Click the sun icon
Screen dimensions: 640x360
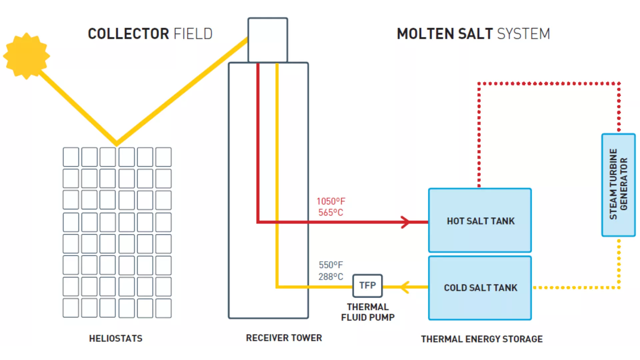point(26,56)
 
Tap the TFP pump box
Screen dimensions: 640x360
point(367,286)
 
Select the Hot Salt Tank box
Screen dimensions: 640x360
point(480,220)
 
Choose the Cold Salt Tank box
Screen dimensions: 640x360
point(480,288)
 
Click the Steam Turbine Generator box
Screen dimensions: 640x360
point(619,185)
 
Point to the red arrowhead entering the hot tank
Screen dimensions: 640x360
point(405,222)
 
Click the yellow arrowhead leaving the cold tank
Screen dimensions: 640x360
point(405,287)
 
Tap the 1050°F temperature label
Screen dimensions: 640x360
point(331,201)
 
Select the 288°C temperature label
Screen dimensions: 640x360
point(331,277)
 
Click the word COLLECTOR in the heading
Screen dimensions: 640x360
point(128,34)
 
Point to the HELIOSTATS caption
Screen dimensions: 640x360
point(116,338)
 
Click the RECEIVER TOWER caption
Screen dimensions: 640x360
point(284,338)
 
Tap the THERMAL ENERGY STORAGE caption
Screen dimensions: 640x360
point(482,339)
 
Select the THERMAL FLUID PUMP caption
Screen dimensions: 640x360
point(368,312)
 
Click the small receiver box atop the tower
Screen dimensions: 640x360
point(268,40)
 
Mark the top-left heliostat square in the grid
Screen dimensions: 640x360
point(71,157)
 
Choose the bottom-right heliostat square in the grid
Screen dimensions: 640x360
point(163,308)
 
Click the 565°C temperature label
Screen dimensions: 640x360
point(331,212)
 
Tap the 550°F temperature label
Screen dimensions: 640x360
point(331,265)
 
